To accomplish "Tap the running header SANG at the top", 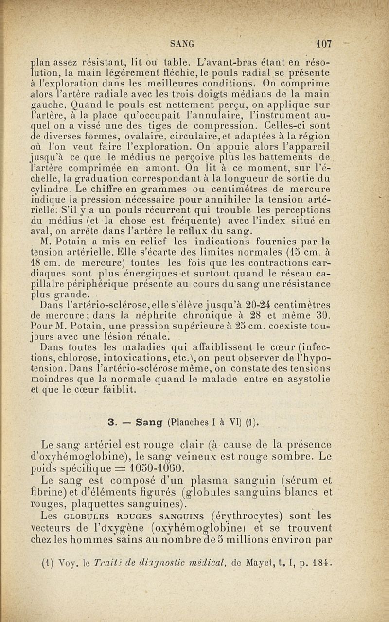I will [183, 44].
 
